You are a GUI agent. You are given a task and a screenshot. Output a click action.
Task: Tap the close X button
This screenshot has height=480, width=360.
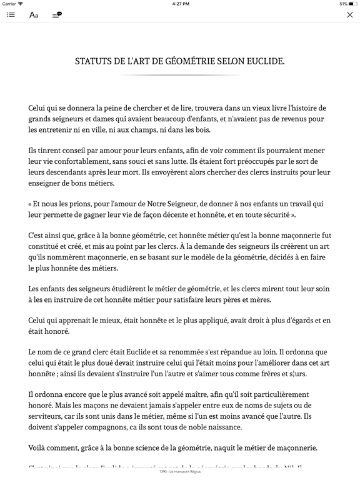pos(349,15)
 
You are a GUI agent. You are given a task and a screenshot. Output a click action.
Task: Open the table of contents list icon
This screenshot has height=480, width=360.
pos(11,15)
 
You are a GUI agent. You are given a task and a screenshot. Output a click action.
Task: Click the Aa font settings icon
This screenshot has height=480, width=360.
pos(34,15)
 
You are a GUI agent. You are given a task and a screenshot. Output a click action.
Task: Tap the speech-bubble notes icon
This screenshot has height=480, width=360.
pos(57,14)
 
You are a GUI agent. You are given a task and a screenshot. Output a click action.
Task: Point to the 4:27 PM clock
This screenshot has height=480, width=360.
pos(180,4)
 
